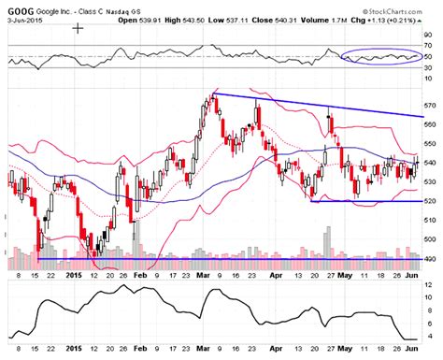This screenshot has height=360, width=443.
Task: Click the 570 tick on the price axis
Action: point(430,105)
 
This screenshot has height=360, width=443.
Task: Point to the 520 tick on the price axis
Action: point(430,201)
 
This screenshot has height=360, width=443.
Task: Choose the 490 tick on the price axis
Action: point(430,258)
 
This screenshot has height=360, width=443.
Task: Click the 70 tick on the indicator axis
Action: point(428,44)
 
